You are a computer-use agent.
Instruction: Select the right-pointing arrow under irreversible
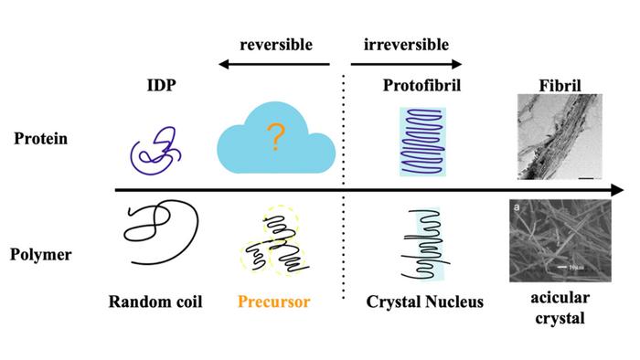pos(407,66)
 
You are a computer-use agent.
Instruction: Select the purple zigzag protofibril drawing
pos(421,142)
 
